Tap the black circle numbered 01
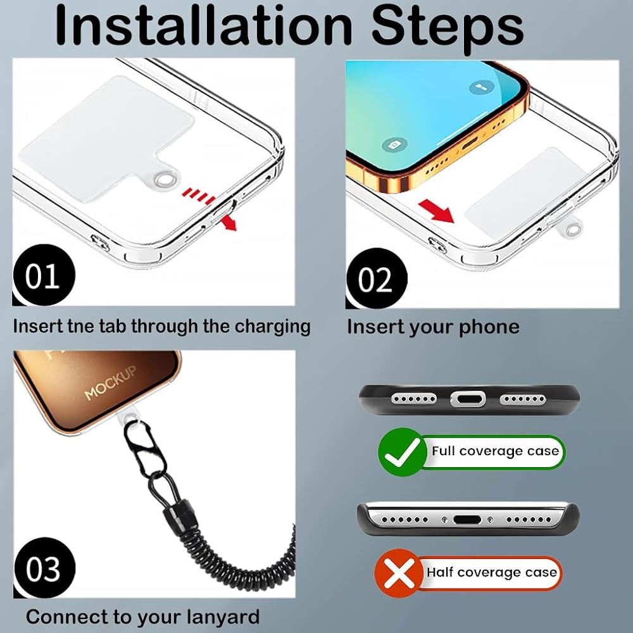coord(44,275)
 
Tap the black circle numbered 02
coord(377,278)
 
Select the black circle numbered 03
coord(44,568)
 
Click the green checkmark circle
coord(402,452)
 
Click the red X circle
coord(398,573)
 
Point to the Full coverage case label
coord(495,451)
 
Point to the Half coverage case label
coord(492,572)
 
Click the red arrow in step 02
coord(436,211)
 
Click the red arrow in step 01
coord(229,222)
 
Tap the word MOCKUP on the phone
coord(110,382)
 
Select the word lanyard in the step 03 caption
coord(223,617)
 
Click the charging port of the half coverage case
coord(467,520)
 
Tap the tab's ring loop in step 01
coord(166,178)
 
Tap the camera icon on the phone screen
coord(394,144)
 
